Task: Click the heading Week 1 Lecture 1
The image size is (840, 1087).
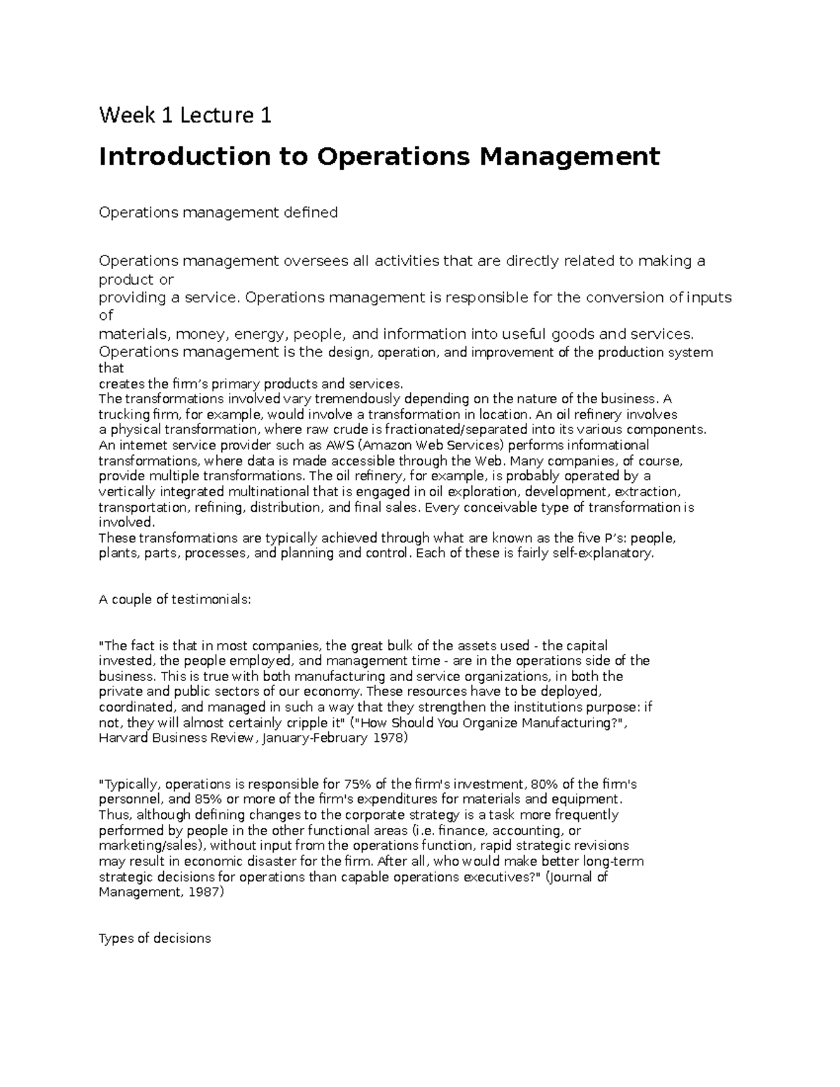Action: [x=185, y=115]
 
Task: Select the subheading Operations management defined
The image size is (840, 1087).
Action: [x=218, y=212]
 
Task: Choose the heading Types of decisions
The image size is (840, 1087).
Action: [x=155, y=939]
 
